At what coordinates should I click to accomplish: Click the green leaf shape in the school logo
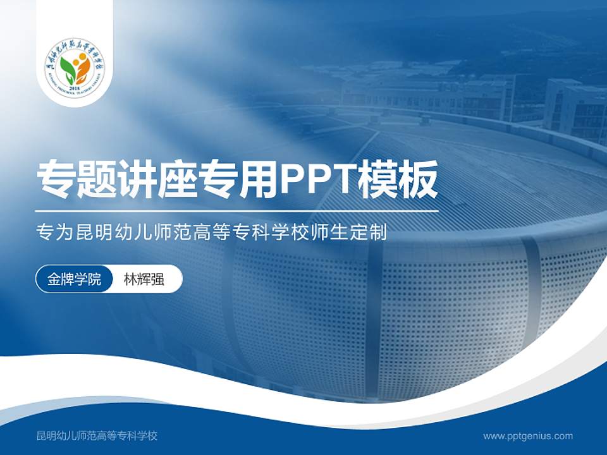(68, 68)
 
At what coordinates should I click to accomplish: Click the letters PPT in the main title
(317, 181)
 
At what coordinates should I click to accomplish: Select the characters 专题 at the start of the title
(78, 181)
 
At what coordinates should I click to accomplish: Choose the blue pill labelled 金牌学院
(74, 279)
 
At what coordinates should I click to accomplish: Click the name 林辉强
(144, 279)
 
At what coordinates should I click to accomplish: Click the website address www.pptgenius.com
(528, 436)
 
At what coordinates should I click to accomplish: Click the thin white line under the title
(237, 211)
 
